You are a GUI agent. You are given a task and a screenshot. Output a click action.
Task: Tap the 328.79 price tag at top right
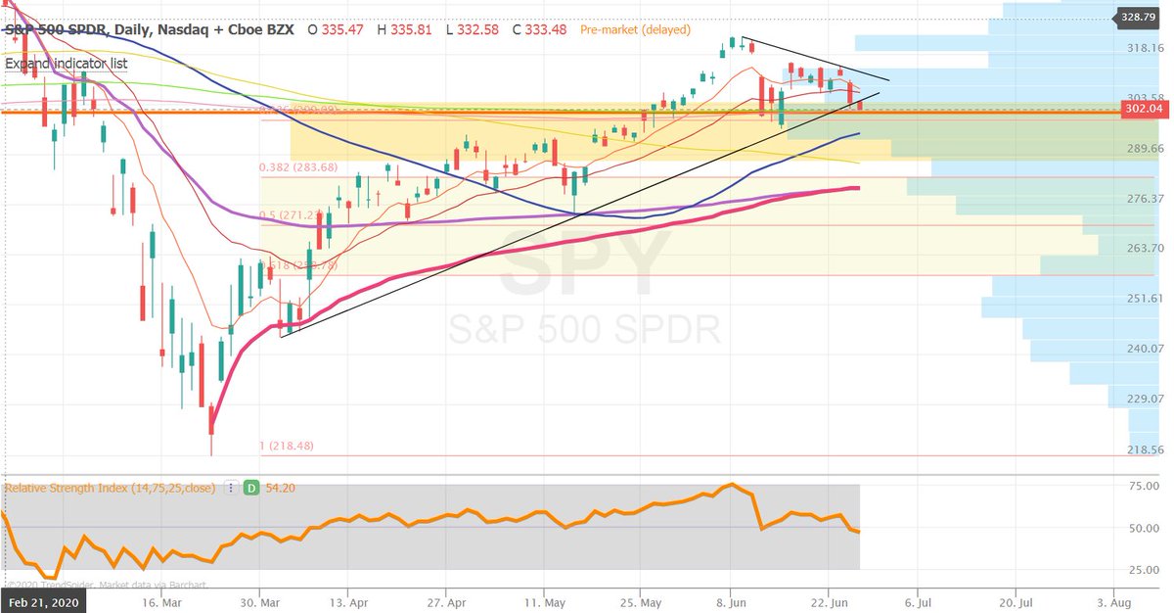(1139, 17)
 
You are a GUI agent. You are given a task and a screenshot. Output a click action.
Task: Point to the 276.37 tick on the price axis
(1143, 199)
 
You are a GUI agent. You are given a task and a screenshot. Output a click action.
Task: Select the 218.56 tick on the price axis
(1143, 448)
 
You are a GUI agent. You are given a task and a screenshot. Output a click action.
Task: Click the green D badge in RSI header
(251, 487)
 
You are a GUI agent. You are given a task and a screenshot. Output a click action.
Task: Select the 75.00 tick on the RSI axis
(1143, 485)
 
